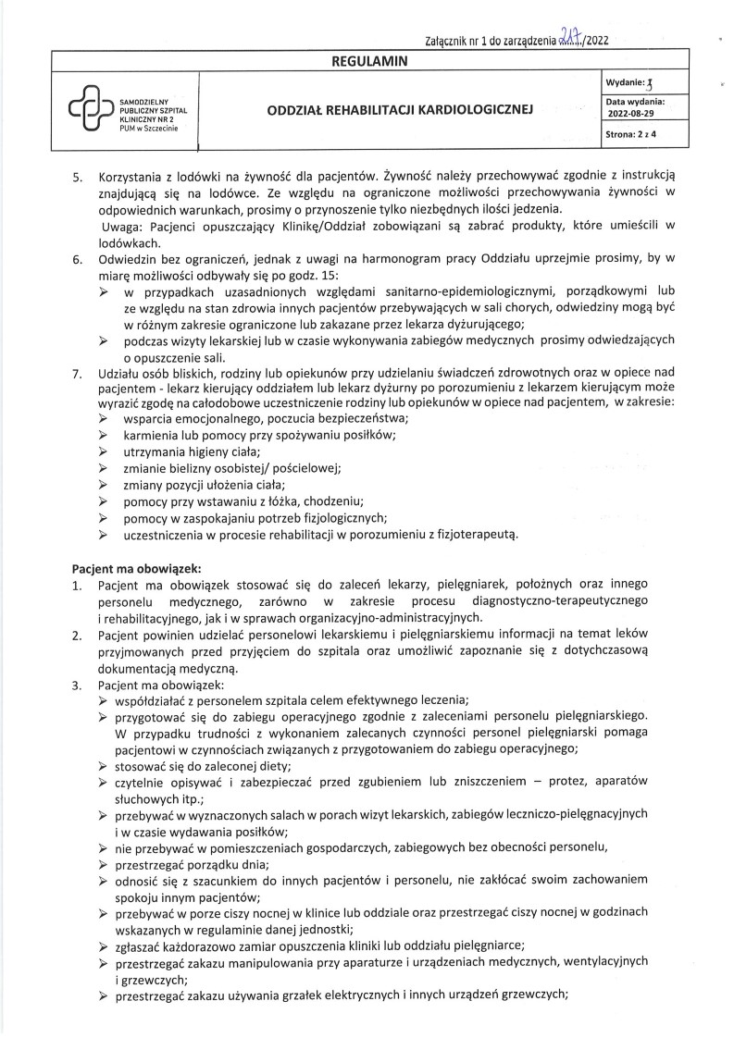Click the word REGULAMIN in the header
pos(368,61)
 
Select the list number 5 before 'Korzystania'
pos(78,173)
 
